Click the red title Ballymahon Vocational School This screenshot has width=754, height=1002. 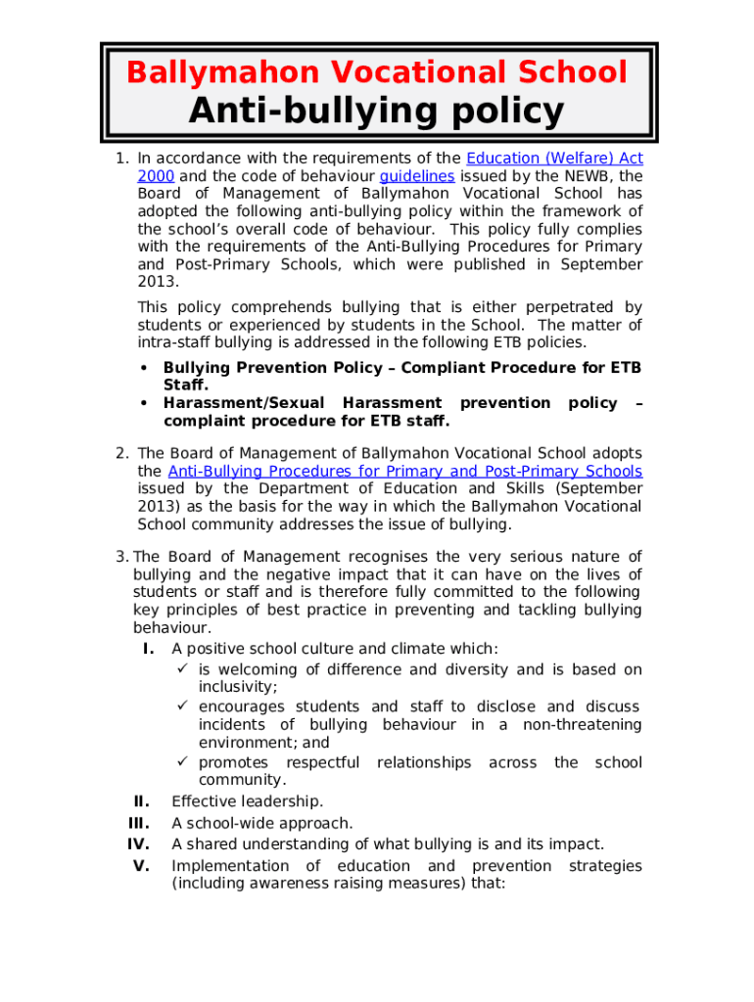point(377,72)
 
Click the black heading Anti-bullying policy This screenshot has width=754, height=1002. point(377,112)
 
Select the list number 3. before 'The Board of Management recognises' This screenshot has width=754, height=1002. point(121,557)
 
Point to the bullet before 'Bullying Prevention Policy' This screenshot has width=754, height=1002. point(145,368)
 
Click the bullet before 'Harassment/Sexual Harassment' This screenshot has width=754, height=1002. point(145,403)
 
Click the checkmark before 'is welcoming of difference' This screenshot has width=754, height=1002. point(182,669)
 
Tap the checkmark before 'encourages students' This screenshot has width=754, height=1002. point(182,706)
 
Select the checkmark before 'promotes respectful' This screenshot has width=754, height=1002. point(182,762)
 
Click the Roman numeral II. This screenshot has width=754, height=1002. point(146,802)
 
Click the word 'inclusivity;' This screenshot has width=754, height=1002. point(238,687)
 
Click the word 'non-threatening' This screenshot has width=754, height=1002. point(583,725)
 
